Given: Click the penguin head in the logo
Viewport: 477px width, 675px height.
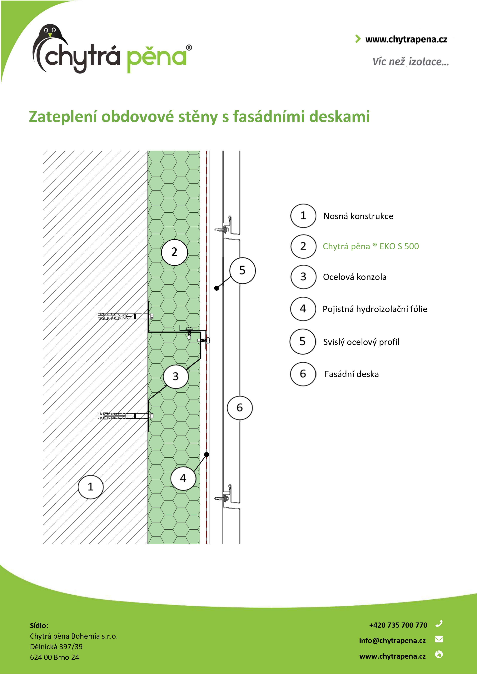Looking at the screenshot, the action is coord(51,32).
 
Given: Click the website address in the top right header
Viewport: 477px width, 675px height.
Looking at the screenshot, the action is coord(406,39).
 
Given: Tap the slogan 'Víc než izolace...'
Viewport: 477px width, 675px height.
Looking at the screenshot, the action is coord(411,62).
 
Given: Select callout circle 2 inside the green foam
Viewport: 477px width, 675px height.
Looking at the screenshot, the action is coord(174,252).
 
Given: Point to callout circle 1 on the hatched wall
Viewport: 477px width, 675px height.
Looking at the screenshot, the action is coord(91,486).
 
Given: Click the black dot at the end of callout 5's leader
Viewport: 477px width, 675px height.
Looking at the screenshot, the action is coord(217,288).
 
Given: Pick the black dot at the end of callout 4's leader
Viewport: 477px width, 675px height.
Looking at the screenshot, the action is coord(207,455).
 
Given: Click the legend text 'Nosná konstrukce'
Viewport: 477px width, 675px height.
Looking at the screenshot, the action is coord(358,216).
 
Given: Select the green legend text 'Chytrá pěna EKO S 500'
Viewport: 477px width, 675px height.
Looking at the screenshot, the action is coord(371,246).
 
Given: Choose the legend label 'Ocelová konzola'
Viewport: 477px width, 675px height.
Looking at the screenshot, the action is coord(355,277).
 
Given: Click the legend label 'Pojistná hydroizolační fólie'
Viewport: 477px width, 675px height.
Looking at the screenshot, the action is coord(375,309).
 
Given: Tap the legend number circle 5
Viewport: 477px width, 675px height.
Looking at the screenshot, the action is coord(303,341).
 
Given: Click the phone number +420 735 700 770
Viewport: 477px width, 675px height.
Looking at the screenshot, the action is coord(398,625).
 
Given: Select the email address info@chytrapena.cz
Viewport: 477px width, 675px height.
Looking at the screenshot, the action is coord(392,641).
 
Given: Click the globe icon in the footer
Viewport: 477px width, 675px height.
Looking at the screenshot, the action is coord(439,654).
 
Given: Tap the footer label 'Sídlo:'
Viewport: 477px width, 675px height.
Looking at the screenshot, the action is coord(39,625).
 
